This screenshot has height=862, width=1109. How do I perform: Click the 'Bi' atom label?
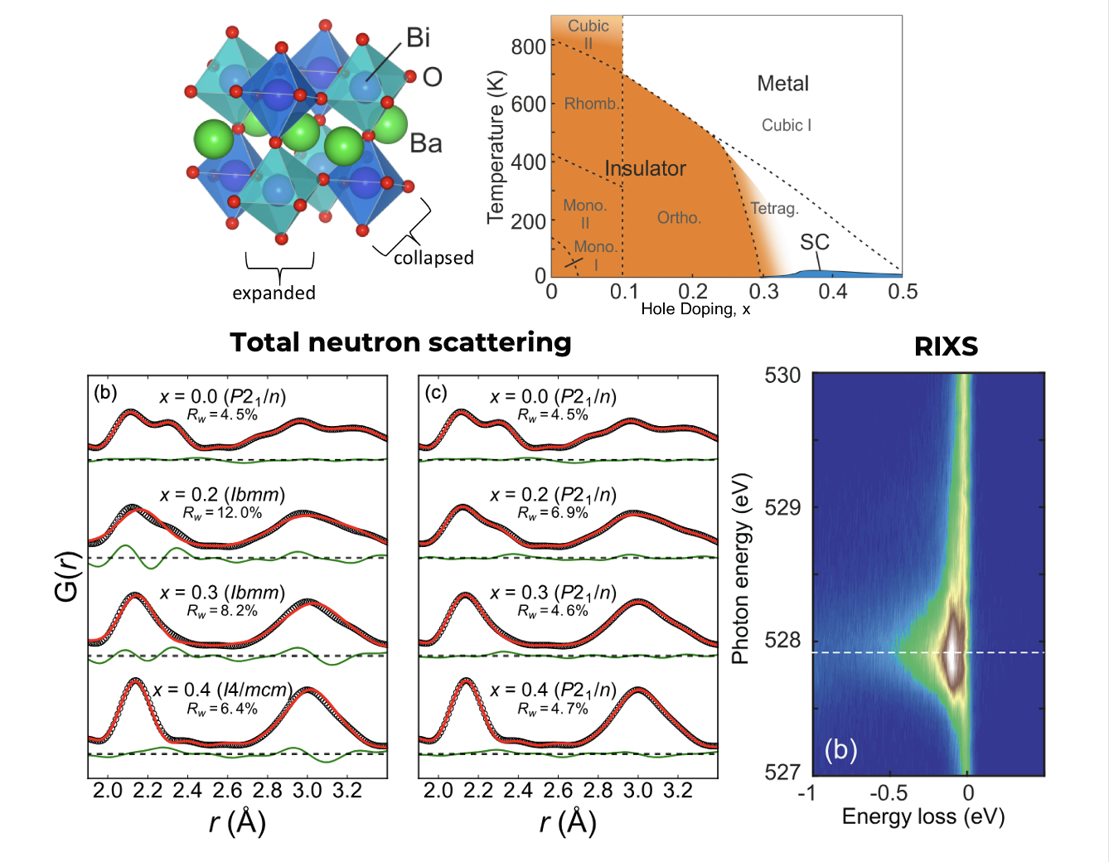pos(418,37)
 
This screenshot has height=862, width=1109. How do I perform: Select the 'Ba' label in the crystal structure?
pos(426,143)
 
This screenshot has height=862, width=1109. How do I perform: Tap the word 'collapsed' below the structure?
pos(433,258)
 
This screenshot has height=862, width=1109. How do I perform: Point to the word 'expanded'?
pos(274,293)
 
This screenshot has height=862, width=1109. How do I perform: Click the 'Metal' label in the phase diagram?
pos(782,84)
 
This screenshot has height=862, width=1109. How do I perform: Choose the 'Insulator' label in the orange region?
pos(645,168)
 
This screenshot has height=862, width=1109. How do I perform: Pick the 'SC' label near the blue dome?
pos(814,242)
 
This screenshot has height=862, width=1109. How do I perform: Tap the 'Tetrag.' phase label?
pos(774,208)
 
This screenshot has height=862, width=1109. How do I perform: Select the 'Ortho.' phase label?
pos(679,218)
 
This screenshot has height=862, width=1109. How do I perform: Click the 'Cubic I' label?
pos(786,125)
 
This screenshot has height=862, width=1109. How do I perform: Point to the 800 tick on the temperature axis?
pos(528,46)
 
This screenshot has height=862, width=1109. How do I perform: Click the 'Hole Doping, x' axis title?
pos(695,309)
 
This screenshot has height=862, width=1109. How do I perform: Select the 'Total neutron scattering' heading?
pos(400,342)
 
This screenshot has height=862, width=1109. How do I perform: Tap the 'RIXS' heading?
pos(946,346)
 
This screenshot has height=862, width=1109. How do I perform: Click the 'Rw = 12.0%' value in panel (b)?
pos(223,513)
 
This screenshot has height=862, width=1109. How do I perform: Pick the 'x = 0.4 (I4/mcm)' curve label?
pos(222,690)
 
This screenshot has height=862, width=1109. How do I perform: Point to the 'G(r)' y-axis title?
pos(66,576)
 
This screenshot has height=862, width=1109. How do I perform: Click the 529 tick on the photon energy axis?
pos(782,507)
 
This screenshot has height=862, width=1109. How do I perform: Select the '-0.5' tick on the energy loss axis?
pos(888,793)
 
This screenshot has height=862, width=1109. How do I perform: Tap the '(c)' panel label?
pos(436,392)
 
